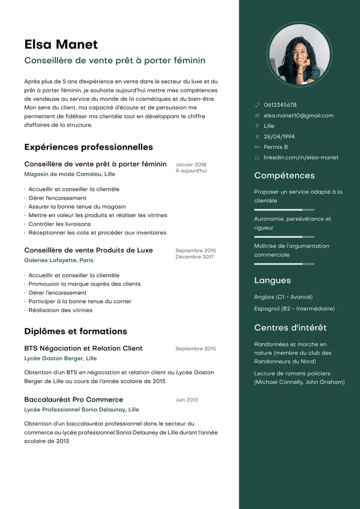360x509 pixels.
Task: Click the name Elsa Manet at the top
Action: pyautogui.click(x=61, y=44)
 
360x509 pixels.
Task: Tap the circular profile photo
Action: pyautogui.click(x=299, y=54)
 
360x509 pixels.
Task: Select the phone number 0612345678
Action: pyautogui.click(x=280, y=105)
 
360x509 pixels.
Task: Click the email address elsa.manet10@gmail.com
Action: pyautogui.click(x=298, y=116)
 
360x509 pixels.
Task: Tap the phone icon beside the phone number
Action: pyautogui.click(x=257, y=105)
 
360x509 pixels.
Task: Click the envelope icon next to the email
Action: pyautogui.click(x=257, y=116)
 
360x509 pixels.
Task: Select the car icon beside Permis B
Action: pyautogui.click(x=257, y=147)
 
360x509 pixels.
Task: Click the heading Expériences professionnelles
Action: pyautogui.click(x=88, y=147)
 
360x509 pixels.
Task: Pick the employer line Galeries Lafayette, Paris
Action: pyautogui.click(x=59, y=260)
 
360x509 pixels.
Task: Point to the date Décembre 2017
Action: pyautogui.click(x=194, y=257)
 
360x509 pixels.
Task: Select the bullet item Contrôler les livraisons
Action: pyautogui.click(x=59, y=224)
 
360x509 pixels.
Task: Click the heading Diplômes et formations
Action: pyautogui.click(x=76, y=331)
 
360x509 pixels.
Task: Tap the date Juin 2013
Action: pyautogui.click(x=187, y=400)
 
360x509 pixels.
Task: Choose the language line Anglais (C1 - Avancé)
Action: pyautogui.click(x=283, y=297)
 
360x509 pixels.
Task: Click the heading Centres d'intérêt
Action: pyautogui.click(x=291, y=328)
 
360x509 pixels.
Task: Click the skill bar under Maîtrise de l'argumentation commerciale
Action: pyautogui.click(x=284, y=264)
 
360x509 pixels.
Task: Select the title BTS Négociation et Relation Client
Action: pyautogui.click(x=83, y=349)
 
